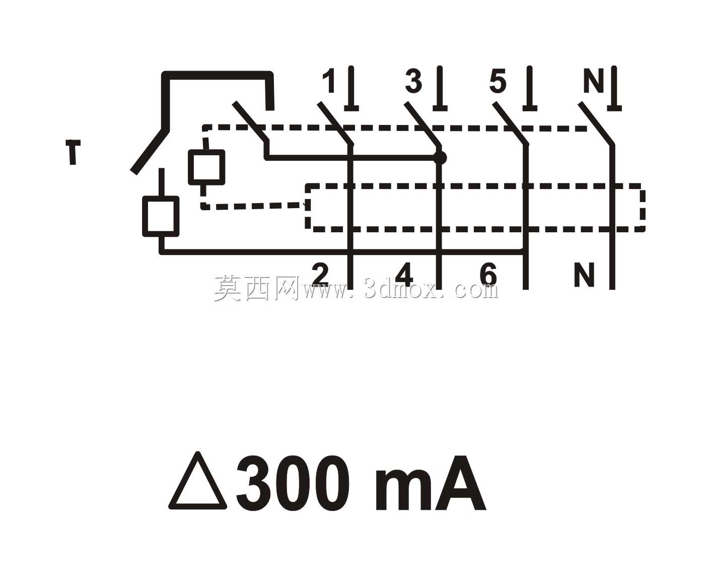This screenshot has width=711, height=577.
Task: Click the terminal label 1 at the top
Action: coord(330,81)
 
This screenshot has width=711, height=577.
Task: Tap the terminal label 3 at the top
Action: coord(413,82)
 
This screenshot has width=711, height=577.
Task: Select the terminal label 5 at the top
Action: coord(497,82)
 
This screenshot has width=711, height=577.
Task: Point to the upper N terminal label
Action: coord(594,81)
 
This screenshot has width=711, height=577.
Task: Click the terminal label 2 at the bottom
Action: coord(320,274)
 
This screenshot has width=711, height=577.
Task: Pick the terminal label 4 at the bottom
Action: coord(404,275)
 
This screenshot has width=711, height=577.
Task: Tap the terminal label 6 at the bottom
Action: coord(488,275)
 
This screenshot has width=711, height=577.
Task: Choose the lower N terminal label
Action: coord(584,275)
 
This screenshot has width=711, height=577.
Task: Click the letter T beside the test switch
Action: coord(73,152)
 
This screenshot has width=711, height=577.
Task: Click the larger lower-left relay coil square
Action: coord(161,216)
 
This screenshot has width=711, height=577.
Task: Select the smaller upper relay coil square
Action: coord(206,167)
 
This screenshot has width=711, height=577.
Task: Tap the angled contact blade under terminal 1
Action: coord(335,123)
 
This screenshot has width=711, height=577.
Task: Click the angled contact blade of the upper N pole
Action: coord(596,123)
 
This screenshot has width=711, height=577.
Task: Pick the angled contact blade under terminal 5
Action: coord(511,123)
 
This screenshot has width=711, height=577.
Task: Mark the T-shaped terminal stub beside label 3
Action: coord(440,89)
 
